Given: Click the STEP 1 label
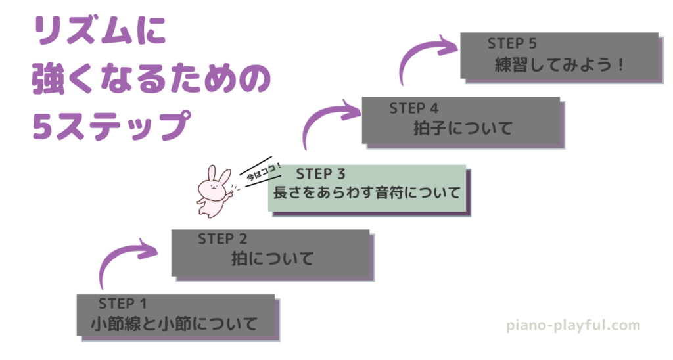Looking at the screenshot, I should (x=122, y=304).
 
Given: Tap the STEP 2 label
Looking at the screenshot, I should (x=222, y=238).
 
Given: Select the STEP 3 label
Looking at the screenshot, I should (x=321, y=174).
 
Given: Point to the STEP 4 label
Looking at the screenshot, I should (x=413, y=108).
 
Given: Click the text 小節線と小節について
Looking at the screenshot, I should (x=174, y=324).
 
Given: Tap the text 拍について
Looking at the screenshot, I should (x=273, y=259).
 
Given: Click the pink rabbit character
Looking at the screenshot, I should (x=214, y=192).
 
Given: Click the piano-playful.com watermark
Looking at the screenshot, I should (x=573, y=325).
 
